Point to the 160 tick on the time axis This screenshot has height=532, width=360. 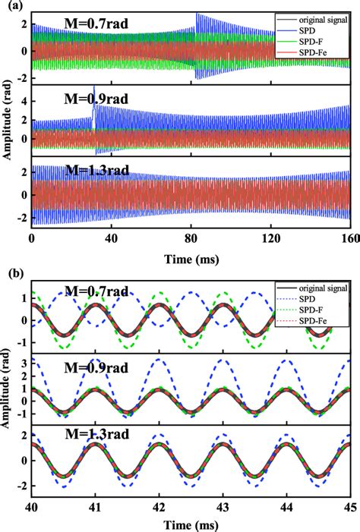point(348,237)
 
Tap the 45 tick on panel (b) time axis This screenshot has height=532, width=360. point(348,505)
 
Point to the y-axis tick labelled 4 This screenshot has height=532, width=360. point(24,100)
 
